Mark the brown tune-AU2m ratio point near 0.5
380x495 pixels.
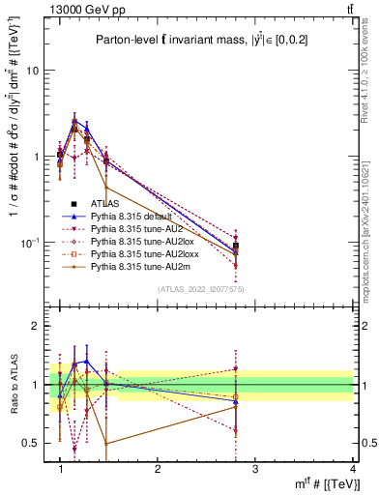[105, 444]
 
